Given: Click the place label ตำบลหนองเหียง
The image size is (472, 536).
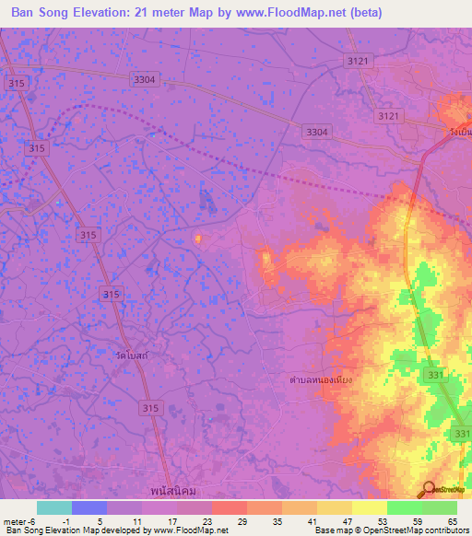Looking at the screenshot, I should (321, 379).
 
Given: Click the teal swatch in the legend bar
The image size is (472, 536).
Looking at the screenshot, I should (54, 507).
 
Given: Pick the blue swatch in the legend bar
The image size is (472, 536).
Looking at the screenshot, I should (89, 507).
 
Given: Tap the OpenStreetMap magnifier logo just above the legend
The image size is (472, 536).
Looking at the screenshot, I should (430, 490).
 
